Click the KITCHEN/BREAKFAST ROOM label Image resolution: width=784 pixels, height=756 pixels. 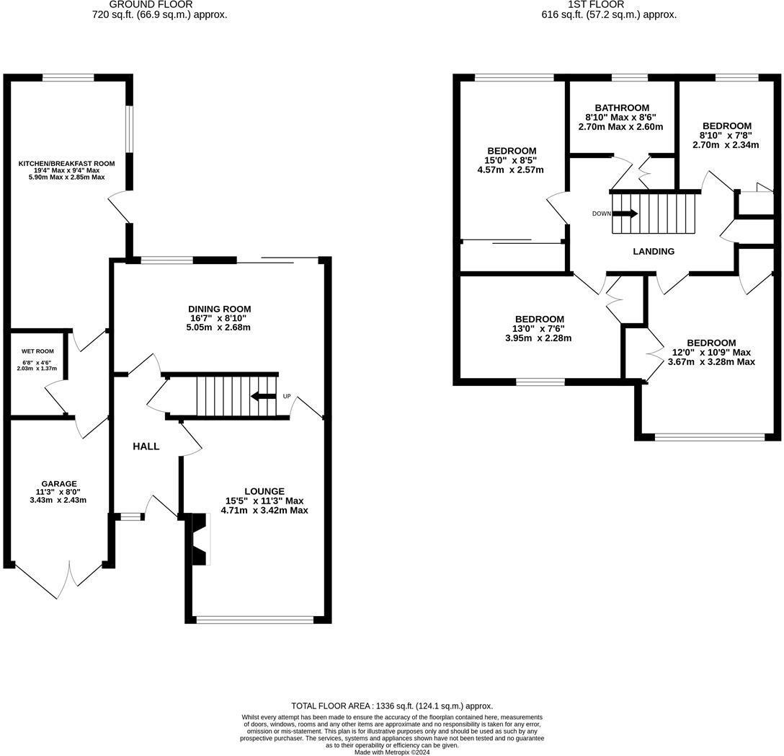click(66, 164)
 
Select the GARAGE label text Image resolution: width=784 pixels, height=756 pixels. click(59, 484)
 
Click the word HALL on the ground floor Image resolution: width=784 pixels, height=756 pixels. click(146, 447)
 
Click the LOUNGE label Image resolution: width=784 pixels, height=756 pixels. click(264, 491)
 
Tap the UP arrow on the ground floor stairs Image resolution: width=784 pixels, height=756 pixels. click(263, 396)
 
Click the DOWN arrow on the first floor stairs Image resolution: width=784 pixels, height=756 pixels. click(624, 214)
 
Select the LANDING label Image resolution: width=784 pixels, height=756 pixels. click(654, 252)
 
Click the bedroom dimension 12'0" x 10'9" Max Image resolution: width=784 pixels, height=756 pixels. click(711, 352)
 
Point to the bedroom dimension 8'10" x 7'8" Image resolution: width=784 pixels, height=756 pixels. click(726, 135)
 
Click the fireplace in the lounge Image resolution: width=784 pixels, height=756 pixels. click(197, 538)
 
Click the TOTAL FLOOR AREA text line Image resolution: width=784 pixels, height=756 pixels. click(392, 706)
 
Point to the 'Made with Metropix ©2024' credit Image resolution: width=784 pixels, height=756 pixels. click(392, 752)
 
